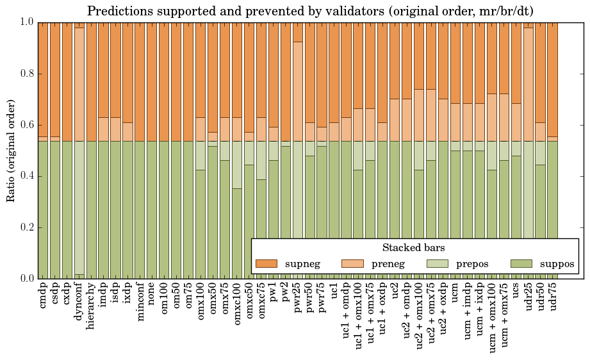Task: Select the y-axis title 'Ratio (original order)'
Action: click(11, 150)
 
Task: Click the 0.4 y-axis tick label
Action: click(26, 176)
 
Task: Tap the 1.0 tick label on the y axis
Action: click(26, 22)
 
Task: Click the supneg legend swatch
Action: click(266, 263)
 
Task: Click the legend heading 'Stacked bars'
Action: click(413, 248)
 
